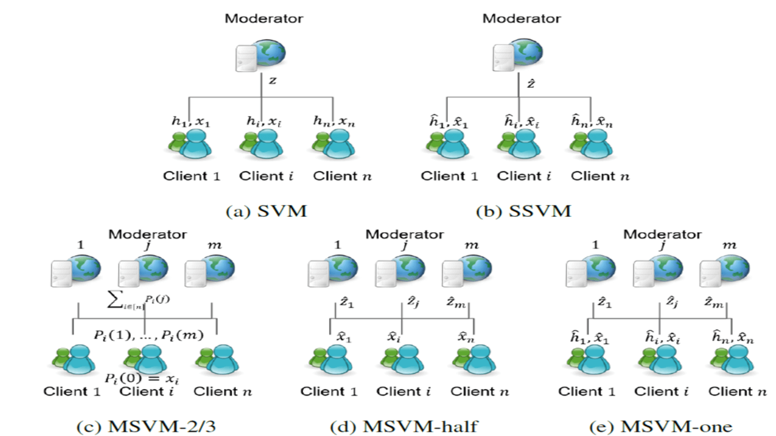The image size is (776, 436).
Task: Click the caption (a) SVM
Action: [x=266, y=211]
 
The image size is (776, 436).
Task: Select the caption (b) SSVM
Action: [x=524, y=211]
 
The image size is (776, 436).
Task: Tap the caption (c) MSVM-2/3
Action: [x=146, y=426]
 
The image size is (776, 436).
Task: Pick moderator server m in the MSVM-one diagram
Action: [x=725, y=271]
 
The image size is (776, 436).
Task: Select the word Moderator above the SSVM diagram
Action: [x=522, y=18]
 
